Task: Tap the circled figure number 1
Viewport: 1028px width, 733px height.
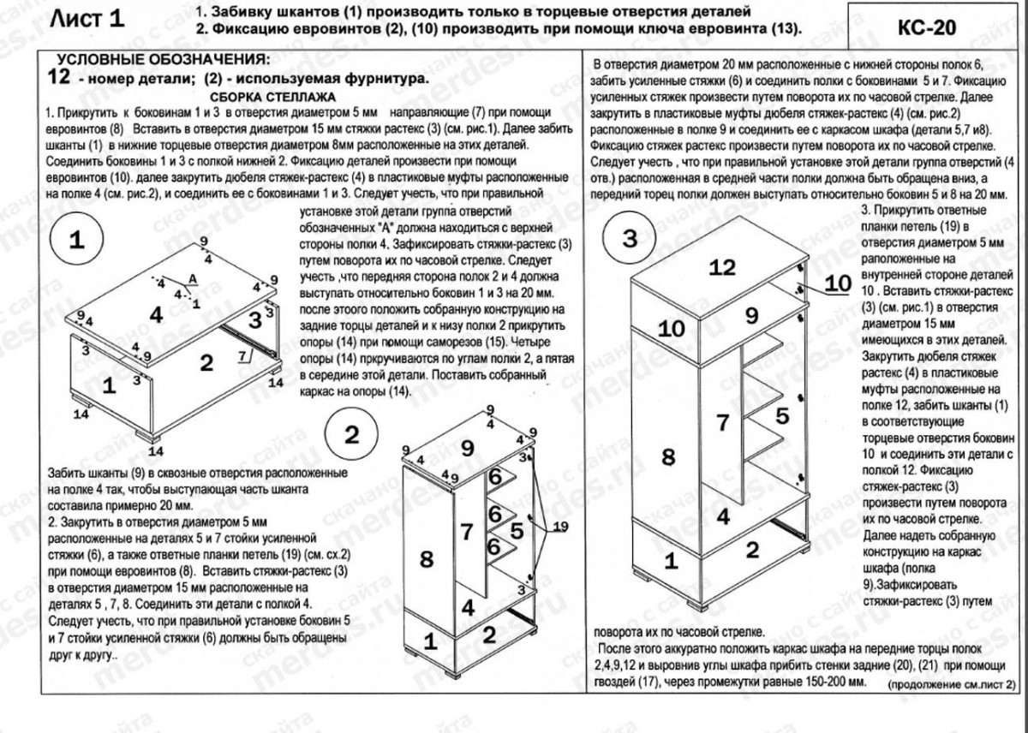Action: click(x=78, y=240)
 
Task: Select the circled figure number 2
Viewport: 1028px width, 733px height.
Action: click(x=352, y=434)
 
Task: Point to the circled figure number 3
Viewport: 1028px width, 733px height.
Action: click(x=631, y=240)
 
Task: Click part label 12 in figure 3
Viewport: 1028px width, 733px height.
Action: click(x=722, y=267)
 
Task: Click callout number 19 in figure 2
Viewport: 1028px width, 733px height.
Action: click(x=559, y=525)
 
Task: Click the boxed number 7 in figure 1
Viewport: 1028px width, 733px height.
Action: click(x=243, y=352)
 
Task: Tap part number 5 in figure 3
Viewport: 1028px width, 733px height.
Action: click(x=781, y=417)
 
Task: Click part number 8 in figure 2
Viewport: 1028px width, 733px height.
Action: click(x=427, y=559)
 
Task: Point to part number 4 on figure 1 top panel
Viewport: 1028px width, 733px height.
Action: click(x=156, y=314)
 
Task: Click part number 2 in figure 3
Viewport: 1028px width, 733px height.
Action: click(x=752, y=550)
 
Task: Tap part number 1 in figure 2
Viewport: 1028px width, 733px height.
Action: click(x=430, y=639)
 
